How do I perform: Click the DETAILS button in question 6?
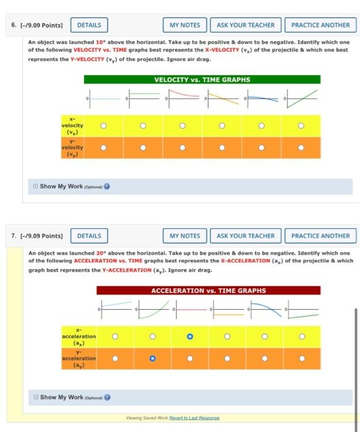90,25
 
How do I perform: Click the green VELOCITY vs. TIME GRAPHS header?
202,80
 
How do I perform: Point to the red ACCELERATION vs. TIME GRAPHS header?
208,291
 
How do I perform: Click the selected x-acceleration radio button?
190,336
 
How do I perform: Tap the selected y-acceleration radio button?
152,358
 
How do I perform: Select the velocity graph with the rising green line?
301,99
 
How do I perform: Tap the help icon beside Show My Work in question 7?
107,397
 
